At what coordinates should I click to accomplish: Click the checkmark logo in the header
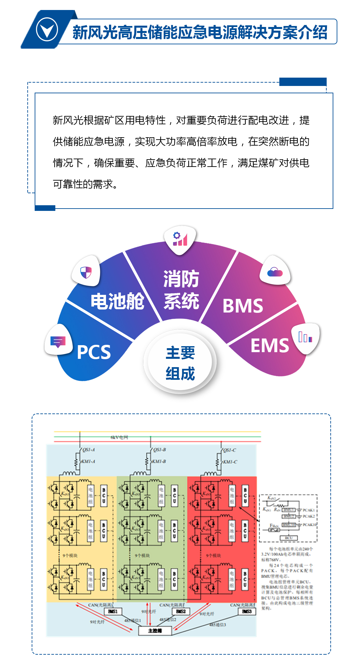point(47,30)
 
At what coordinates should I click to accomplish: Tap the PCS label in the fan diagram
point(94,352)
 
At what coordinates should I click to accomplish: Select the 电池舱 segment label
point(117,302)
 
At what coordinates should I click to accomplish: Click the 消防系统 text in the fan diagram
point(181,290)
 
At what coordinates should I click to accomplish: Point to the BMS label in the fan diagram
point(243,306)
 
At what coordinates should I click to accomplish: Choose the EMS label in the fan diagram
point(270,345)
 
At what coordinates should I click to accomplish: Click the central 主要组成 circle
point(180,363)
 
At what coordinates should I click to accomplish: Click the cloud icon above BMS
point(275,272)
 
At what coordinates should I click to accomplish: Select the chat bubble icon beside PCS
point(58,341)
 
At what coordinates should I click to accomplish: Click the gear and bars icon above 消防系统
point(180,239)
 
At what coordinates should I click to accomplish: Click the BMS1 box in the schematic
point(113,611)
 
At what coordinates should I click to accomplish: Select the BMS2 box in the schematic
point(181,611)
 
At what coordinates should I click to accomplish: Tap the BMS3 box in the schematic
point(247,611)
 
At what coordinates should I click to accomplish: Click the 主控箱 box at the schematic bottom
point(155,631)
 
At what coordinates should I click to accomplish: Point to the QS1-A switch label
point(89,450)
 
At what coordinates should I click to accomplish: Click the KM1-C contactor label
point(230,462)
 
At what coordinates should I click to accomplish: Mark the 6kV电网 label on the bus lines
point(119,437)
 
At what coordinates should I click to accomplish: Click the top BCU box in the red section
point(245,495)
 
